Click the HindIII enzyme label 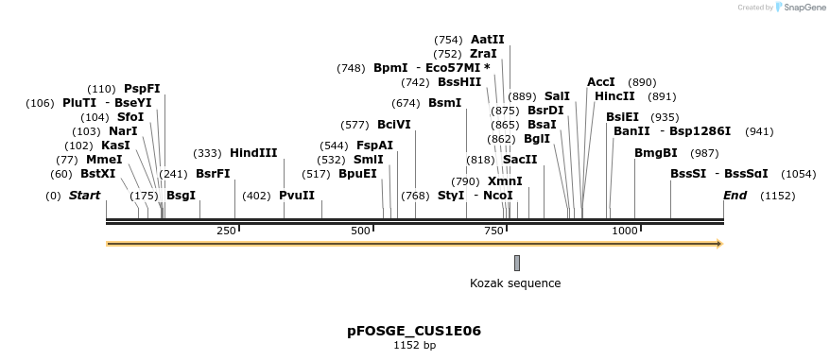pos(253,153)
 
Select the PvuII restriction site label pos(296,196)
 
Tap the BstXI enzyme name pos(98,174)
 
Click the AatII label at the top pos(487,40)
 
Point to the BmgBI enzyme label pos(655,153)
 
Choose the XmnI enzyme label pos(504,181)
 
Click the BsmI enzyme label pos(444,103)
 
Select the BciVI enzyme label pos(393,125)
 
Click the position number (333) pos(206,153)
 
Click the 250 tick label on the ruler pos(227,231)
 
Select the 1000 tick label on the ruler pos(625,231)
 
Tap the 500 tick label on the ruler pos(360,231)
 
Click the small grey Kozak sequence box pos(516,263)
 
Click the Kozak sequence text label pos(515,283)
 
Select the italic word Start pos(84,196)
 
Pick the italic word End pos(735,196)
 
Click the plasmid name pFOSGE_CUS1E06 pos(414,332)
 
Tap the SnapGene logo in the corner pos(800,8)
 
